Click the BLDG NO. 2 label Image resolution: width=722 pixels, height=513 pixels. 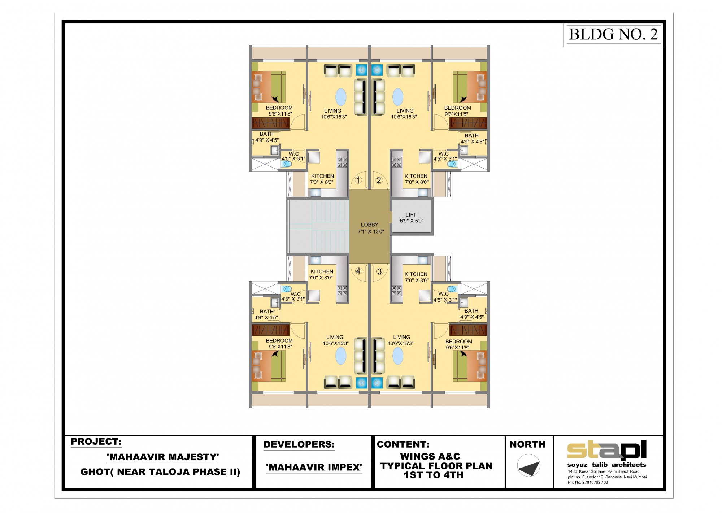click(613, 34)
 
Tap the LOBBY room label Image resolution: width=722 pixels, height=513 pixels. click(370, 225)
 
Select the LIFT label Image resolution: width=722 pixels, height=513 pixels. click(411, 214)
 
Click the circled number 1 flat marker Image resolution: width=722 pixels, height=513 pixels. click(358, 180)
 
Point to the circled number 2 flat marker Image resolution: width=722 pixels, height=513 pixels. click(379, 180)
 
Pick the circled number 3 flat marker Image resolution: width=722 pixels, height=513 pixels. click(379, 271)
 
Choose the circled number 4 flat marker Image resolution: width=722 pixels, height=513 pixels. click(358, 271)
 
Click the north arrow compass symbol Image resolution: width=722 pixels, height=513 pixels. click(529, 466)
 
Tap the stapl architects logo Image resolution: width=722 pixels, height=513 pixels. click(607, 454)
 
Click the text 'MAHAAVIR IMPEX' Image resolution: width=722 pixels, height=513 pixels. click(314, 468)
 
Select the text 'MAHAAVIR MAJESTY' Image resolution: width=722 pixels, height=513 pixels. click(163, 457)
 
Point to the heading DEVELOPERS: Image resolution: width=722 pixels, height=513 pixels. click(299, 444)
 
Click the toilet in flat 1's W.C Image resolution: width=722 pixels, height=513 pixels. click(287, 164)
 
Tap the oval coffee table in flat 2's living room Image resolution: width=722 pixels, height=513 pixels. click(398, 97)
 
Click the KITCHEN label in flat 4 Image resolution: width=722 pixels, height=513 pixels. click(322, 271)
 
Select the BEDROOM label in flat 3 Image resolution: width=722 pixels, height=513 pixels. click(458, 341)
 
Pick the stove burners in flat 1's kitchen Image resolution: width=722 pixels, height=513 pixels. click(342, 162)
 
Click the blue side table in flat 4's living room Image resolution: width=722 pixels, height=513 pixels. click(361, 383)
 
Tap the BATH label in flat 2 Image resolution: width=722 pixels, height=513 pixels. click(471, 135)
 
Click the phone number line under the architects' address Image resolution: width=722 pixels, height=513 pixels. click(588, 482)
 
